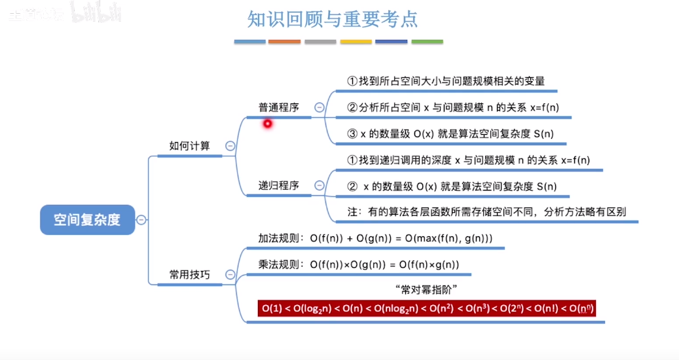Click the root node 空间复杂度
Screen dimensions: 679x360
click(x=87, y=220)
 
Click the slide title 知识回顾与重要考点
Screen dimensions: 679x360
click(x=333, y=19)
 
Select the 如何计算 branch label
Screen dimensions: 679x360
click(x=189, y=145)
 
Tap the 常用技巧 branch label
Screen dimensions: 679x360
click(x=189, y=275)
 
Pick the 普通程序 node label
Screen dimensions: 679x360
click(x=278, y=107)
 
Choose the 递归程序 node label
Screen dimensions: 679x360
click(x=278, y=185)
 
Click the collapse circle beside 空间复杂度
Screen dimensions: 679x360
click(x=141, y=220)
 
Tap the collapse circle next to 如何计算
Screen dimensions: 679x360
click(x=230, y=146)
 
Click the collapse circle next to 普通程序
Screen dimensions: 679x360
click(x=320, y=107)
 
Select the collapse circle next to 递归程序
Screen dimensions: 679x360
click(x=320, y=185)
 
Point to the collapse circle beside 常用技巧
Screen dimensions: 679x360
click(x=230, y=275)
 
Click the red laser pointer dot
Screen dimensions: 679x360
click(x=267, y=123)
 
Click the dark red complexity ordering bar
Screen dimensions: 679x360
click(x=428, y=308)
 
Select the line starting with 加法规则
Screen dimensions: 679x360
click(x=375, y=238)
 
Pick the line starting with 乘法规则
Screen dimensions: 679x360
click(x=359, y=264)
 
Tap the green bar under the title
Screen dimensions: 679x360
click(x=427, y=42)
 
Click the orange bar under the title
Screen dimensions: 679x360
click(x=285, y=42)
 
